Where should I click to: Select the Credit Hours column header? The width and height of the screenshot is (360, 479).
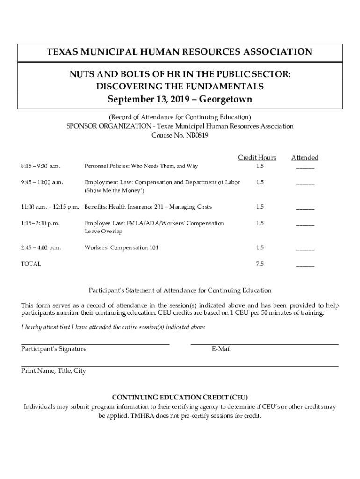coord(257,158)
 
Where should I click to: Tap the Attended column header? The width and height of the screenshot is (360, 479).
coord(305,158)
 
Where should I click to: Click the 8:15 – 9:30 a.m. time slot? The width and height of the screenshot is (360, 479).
coord(41,166)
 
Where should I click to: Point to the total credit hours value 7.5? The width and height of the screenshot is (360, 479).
coord(259,264)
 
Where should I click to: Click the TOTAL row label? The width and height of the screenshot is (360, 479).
coord(31,264)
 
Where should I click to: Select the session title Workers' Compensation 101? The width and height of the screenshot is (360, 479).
coord(121,247)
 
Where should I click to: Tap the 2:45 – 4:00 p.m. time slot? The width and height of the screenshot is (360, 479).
coord(41,247)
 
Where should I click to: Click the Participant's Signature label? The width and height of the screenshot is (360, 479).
coord(54,349)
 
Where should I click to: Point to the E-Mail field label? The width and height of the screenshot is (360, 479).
coord(221,349)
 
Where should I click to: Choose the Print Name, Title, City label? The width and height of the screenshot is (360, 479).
coord(53,370)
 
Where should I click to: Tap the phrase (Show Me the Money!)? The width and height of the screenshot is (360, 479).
coord(115,191)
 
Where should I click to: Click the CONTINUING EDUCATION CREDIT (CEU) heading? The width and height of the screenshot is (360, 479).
coord(180,398)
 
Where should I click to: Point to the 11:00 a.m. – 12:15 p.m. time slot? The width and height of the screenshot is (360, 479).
coord(50,207)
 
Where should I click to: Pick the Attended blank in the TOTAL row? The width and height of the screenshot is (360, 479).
coord(305,265)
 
